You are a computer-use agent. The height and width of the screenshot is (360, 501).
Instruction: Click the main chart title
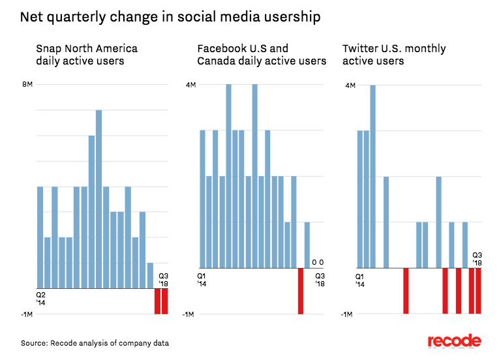tap(170, 18)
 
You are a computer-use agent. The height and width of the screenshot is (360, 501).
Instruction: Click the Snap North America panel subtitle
tap(87, 55)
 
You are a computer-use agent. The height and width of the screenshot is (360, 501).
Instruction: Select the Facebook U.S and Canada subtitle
tap(262, 55)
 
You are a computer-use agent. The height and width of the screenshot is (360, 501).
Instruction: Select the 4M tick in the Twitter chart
tap(350, 85)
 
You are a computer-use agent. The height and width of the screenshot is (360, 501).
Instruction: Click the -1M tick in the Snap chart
tap(27, 314)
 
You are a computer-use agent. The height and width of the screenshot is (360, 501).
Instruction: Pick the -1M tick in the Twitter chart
tap(348, 314)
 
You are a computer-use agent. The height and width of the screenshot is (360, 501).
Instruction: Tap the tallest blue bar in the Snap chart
tap(99, 199)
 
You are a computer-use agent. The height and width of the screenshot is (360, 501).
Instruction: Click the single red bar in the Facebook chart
tap(301, 291)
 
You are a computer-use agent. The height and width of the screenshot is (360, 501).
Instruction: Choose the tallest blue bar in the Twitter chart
tap(373, 176)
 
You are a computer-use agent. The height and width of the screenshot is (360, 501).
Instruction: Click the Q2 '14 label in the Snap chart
tap(40, 299)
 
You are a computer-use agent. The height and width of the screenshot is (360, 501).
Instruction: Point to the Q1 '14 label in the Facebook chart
tap(202, 280)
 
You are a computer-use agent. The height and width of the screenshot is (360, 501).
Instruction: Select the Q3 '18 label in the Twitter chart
tap(477, 259)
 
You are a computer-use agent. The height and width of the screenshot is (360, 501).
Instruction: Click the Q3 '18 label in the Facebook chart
tap(320, 280)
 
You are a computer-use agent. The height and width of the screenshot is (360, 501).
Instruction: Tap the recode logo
tap(454, 342)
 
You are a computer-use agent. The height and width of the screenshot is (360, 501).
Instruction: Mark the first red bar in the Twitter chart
tap(406, 291)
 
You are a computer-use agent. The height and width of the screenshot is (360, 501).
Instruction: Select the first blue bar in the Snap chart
tap(40, 237)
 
